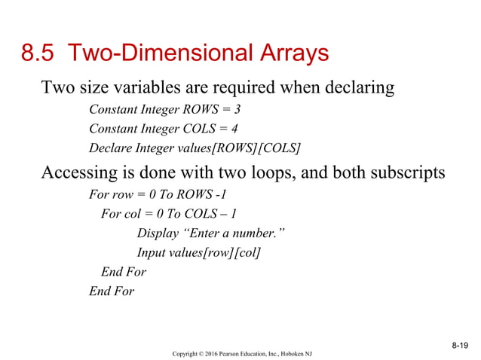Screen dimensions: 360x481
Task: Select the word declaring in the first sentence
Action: tap(355, 88)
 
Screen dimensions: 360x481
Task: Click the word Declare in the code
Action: tap(110, 146)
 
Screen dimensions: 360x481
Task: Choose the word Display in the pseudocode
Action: tap(160, 233)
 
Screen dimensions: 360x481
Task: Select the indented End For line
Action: tap(124, 272)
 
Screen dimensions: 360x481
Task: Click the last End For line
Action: tap(112, 291)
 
